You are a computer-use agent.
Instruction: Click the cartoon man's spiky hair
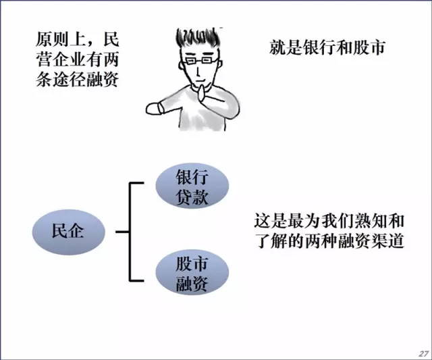[x=198, y=37]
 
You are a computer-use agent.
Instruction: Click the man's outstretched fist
[x=153, y=107]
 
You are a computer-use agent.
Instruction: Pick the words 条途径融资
[x=75, y=80]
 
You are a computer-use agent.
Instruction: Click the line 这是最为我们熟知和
[x=329, y=221]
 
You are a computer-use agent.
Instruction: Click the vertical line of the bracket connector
[x=129, y=230]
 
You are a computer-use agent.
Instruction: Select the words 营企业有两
[x=75, y=59]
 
